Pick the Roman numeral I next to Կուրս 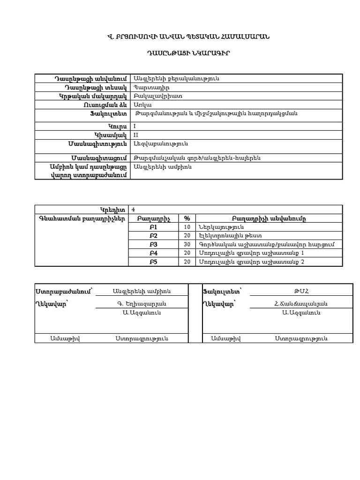135,126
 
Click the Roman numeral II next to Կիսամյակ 136,135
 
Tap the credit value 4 134,210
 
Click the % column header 187,218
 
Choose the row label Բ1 153,227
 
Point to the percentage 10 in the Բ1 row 187,227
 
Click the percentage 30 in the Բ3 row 187,245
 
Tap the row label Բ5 153,262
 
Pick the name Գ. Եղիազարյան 142,304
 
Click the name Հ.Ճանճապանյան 301,304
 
